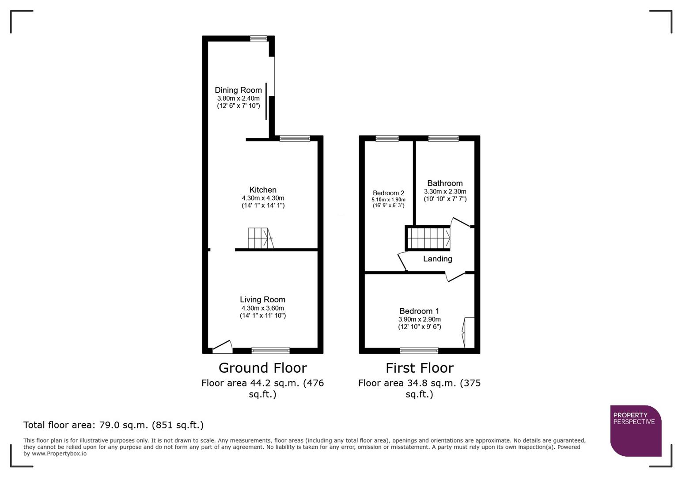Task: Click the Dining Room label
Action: point(238,90)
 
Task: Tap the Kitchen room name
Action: point(263,190)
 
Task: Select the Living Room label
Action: point(262,299)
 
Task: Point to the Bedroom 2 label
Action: point(388,193)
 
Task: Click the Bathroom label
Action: point(445,183)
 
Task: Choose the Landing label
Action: point(437,259)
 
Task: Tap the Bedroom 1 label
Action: point(419,311)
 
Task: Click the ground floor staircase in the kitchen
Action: point(260,238)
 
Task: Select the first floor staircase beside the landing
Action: point(428,238)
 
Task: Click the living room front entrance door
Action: point(223,347)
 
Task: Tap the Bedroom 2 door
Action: point(402,261)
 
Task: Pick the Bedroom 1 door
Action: point(455,276)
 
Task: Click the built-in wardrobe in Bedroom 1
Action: point(469,332)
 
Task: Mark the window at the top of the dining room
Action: point(258,39)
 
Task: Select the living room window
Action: point(270,351)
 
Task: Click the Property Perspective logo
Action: point(635,431)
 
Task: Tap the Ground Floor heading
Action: point(262,368)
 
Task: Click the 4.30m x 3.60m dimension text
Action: point(262,308)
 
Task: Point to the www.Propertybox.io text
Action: point(59,454)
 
